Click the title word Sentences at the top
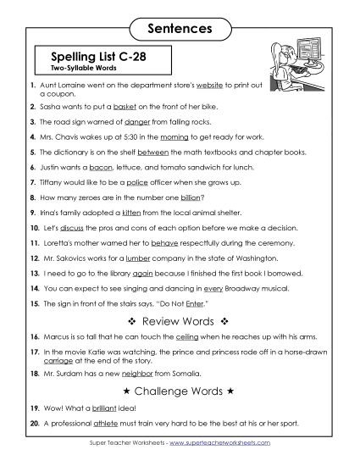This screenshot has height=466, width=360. coord(180,29)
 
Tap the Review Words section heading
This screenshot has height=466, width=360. coord(180,321)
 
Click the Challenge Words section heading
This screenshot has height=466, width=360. coord(180,391)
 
